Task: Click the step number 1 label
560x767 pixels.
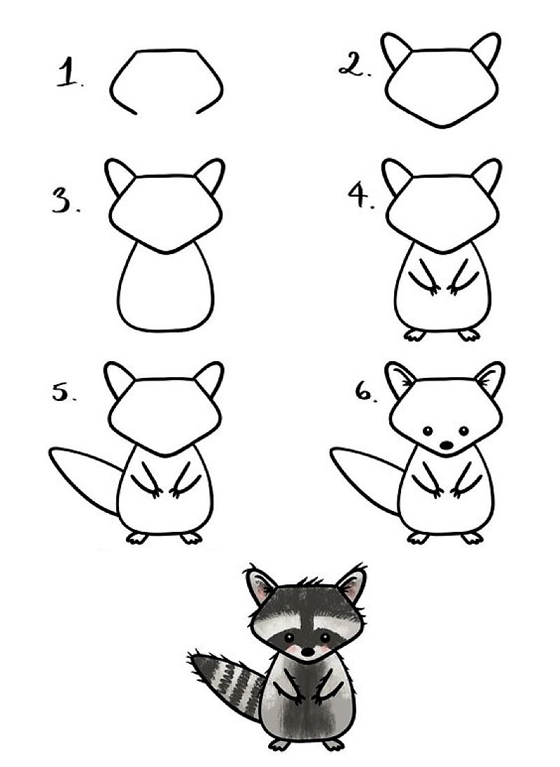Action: (69, 74)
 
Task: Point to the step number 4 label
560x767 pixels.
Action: (361, 197)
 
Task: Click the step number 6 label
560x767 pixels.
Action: (365, 394)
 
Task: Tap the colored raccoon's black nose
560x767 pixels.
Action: (306, 652)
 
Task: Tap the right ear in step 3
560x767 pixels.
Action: (211, 176)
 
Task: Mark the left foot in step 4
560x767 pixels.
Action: (414, 335)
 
